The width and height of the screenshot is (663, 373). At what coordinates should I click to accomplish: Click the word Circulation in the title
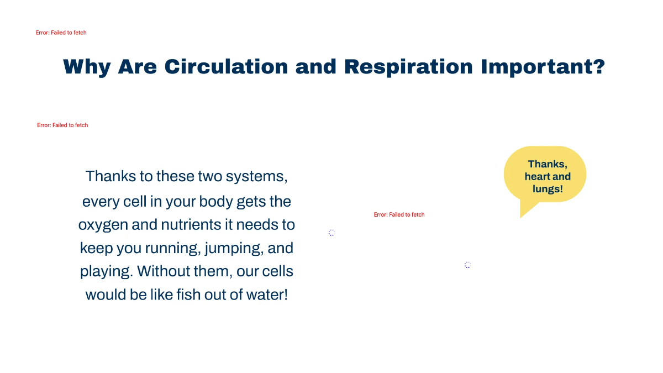226,67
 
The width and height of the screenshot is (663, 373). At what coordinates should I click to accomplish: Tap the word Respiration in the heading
408,67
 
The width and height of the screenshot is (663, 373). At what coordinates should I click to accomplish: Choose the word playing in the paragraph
106,272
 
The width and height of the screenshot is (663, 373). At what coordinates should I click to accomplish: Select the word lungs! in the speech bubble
548,189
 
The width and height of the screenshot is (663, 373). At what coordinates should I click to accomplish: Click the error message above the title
61,33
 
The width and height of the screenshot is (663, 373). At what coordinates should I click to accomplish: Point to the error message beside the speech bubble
399,214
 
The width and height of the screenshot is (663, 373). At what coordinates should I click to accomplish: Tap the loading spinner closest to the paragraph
331,233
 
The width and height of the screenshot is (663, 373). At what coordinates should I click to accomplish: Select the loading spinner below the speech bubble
467,265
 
